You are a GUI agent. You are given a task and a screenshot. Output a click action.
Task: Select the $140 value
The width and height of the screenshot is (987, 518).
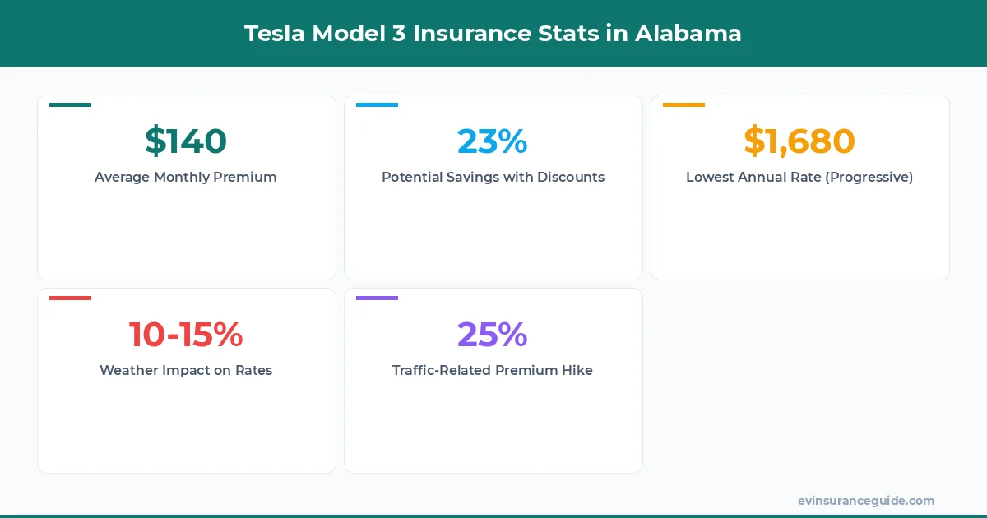point(186,141)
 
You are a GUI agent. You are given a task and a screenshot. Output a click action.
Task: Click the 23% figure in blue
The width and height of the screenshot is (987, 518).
point(493,141)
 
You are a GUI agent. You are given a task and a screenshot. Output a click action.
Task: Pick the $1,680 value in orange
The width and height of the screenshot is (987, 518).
point(799,141)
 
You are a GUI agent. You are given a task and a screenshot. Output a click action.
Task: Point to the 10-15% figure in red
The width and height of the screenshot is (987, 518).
point(186,334)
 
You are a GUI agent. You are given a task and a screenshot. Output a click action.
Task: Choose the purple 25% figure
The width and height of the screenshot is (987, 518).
point(493,334)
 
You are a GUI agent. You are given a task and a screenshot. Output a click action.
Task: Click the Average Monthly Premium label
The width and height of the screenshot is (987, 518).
point(186,177)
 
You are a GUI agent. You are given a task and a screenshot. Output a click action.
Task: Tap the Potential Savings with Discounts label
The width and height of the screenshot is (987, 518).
point(493,177)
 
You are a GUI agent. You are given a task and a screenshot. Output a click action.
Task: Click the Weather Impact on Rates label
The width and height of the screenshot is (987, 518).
point(186,370)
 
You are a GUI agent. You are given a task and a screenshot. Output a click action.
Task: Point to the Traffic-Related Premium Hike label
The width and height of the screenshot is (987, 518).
point(493,370)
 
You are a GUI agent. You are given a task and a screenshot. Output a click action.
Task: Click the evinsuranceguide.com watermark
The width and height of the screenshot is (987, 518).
point(865,501)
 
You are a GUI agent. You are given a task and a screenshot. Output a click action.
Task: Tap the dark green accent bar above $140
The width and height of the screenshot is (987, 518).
point(70,104)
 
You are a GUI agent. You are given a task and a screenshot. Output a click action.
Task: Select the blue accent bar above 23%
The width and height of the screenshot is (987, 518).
point(377,104)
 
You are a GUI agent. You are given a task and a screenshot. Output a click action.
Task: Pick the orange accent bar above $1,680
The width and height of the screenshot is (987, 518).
point(683,104)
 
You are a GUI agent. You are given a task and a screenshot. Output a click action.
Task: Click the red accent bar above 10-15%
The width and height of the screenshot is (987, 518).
point(70,298)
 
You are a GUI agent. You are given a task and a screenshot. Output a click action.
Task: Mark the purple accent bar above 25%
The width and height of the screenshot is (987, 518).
point(377,298)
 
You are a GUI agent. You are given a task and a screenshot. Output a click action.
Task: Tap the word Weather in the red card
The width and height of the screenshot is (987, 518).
point(128,370)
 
